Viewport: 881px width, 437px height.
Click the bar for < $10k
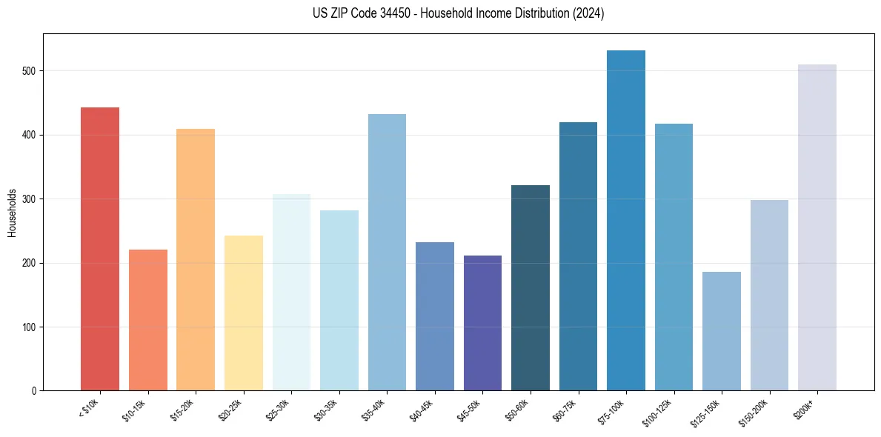point(100,249)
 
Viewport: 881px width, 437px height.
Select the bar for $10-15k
point(147,320)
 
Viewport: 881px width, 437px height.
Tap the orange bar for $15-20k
point(196,260)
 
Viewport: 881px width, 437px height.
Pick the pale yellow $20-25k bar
point(243,313)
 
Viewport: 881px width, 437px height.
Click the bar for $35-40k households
point(387,252)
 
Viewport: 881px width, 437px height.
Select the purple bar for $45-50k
point(482,323)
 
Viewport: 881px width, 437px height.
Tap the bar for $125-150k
point(722,331)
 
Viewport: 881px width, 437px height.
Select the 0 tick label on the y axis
point(36,391)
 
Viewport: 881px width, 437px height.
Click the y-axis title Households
point(13,212)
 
